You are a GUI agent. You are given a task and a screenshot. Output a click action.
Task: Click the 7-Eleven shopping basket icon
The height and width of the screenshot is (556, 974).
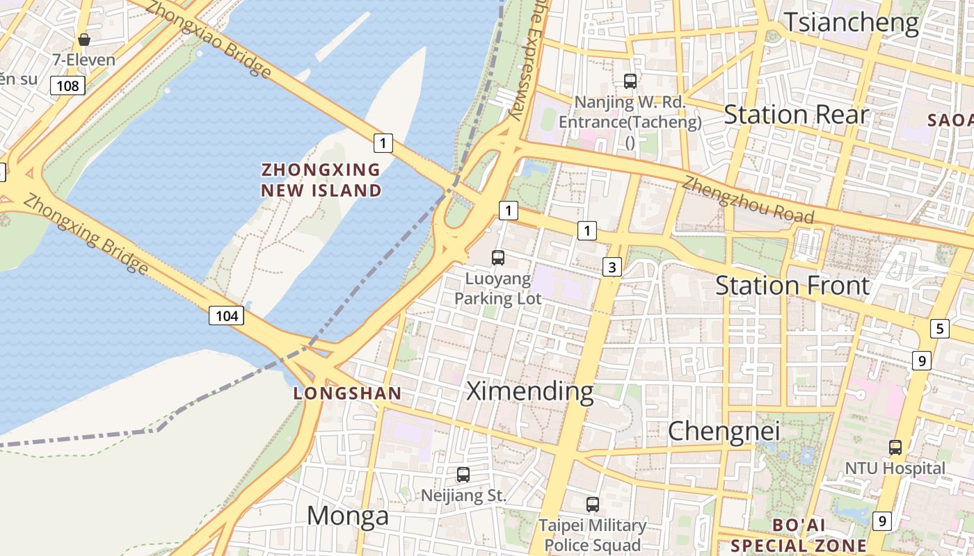tap(84, 40)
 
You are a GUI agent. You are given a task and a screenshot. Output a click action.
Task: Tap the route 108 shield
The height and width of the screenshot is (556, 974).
tap(67, 85)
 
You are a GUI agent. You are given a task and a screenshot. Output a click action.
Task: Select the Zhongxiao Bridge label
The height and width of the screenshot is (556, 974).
tap(209, 39)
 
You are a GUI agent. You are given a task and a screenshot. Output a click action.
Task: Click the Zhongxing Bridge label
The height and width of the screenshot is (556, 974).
tap(86, 233)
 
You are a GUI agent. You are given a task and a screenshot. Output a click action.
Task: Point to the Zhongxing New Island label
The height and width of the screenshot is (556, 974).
tap(321, 180)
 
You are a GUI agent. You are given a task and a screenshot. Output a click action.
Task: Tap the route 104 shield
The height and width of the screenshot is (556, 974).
tap(227, 316)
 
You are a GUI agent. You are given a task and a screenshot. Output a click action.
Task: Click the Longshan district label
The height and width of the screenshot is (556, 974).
tap(347, 393)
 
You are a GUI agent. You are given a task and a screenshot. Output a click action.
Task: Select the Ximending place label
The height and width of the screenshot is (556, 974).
tap(530, 391)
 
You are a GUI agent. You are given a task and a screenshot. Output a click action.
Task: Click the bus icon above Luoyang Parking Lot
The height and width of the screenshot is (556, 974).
tap(498, 258)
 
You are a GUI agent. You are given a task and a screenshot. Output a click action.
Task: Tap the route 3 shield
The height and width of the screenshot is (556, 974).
tap(612, 267)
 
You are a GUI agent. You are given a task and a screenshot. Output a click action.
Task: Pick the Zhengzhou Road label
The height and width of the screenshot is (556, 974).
tap(748, 200)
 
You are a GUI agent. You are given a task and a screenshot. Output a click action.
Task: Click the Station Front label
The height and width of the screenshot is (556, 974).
tap(792, 286)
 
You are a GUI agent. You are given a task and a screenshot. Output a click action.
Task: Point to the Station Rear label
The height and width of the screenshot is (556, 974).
tap(797, 115)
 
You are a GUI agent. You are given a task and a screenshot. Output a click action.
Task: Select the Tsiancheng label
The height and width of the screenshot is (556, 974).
tap(852, 22)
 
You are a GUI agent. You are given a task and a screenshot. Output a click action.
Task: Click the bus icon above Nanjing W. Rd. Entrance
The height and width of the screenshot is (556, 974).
tap(630, 81)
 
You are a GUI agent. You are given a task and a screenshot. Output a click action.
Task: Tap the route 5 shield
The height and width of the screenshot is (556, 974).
tap(939, 328)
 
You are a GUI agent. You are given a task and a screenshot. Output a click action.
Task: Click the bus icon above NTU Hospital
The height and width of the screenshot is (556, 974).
tap(895, 448)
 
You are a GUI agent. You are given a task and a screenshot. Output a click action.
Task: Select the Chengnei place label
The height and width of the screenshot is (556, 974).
tap(724, 432)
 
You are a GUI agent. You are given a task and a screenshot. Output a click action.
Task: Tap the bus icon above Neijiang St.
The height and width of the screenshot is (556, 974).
tap(463, 475)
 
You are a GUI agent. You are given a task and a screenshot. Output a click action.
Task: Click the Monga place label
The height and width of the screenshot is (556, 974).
tap(348, 516)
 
